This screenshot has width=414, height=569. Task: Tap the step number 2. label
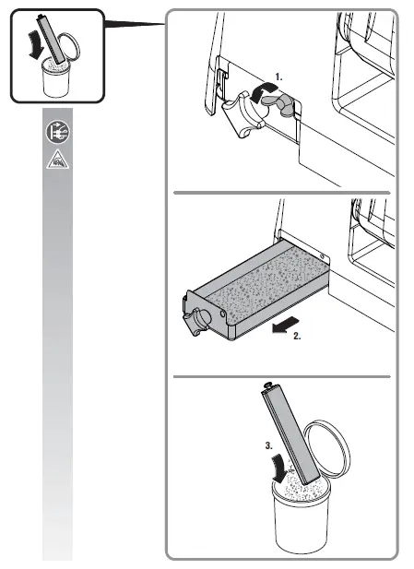[297, 338]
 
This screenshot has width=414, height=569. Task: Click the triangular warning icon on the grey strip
[56, 159]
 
